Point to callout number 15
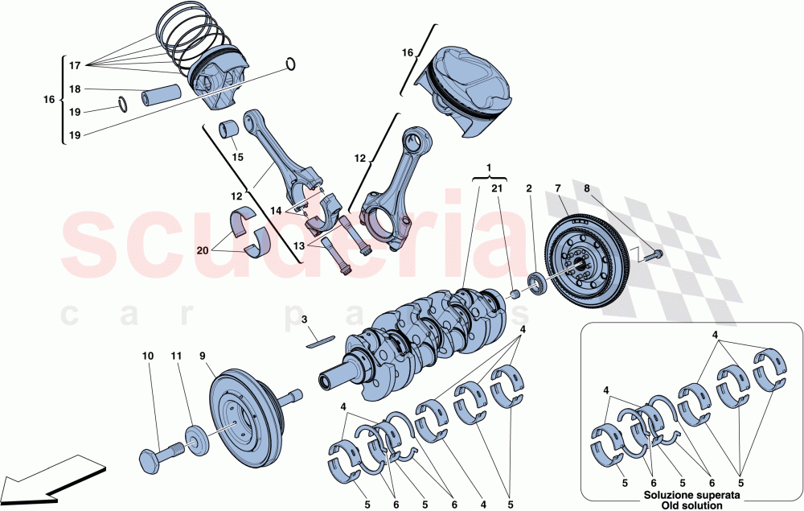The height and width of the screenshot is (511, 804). [x=237, y=158]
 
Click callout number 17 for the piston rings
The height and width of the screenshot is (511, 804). [x=75, y=65]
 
